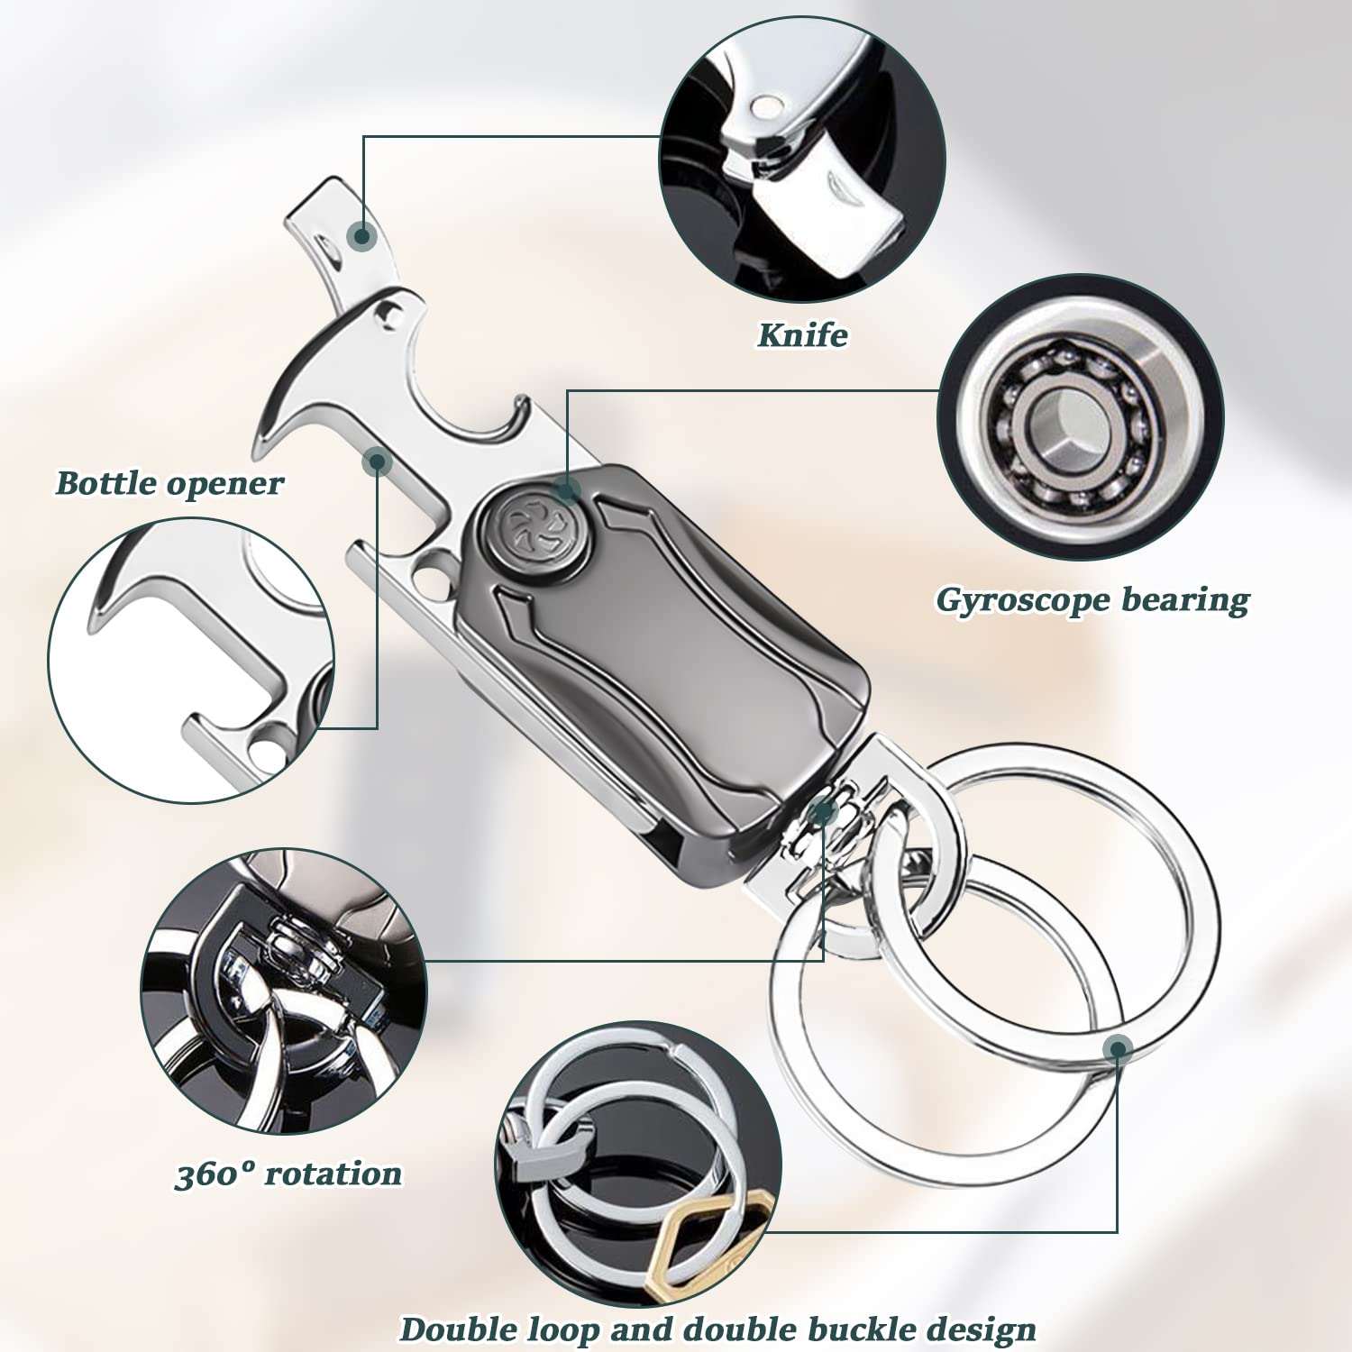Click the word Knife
coord(802,335)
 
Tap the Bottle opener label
coord(169,484)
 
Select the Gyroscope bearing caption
coord(1092,600)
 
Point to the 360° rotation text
coord(288,1174)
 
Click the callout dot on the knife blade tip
coord(362,236)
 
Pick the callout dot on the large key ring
coord(1118,1048)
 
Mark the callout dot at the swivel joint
coord(821,812)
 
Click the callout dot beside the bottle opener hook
coord(377,462)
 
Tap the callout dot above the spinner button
coord(566,489)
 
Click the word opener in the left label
coord(224,484)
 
